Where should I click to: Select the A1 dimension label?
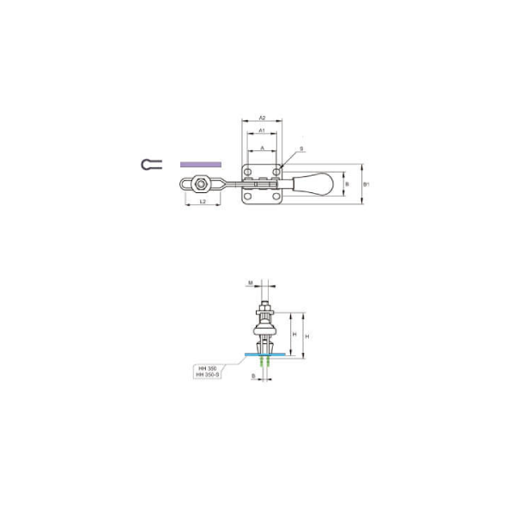[261, 130]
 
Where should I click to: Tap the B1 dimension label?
[367, 184]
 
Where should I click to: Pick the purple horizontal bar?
[199, 162]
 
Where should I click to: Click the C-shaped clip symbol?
[149, 163]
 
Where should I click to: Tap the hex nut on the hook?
[200, 183]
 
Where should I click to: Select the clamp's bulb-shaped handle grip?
[315, 184]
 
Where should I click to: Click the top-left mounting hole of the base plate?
[250, 173]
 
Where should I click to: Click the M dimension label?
[250, 282]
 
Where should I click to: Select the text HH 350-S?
[209, 375]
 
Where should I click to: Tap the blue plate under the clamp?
[264, 354]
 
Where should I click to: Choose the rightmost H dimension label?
[306, 335]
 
